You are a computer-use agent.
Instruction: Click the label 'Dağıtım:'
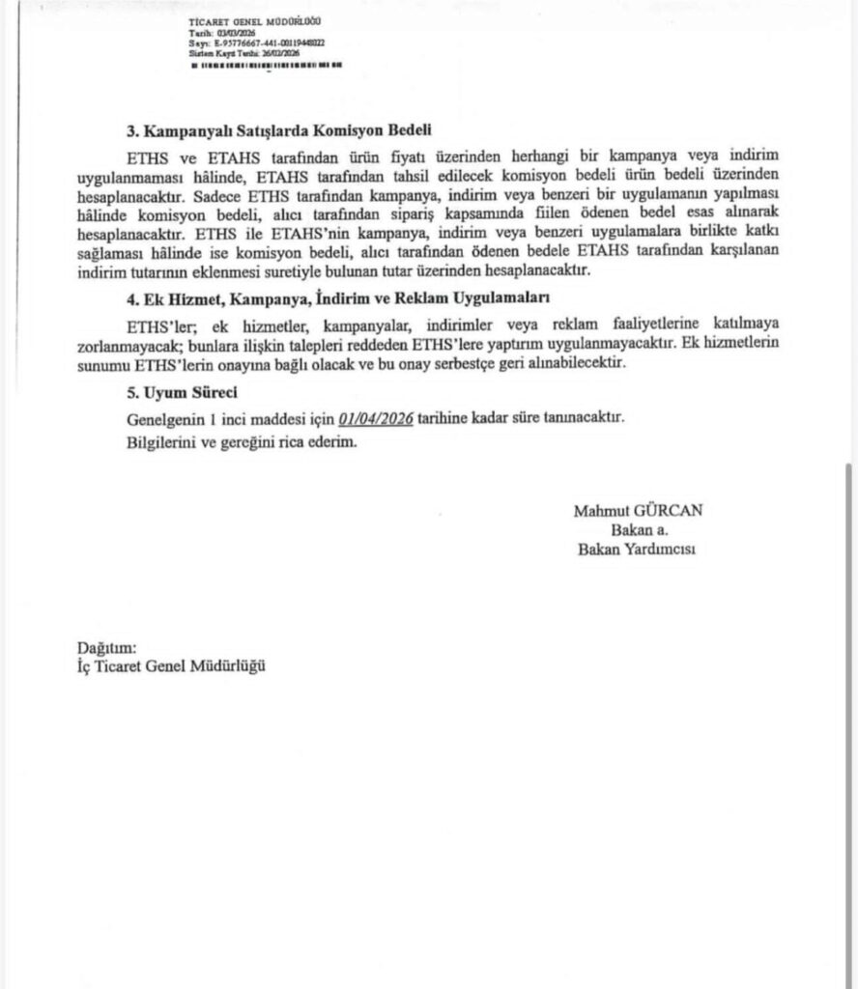pyautogui.click(x=106, y=647)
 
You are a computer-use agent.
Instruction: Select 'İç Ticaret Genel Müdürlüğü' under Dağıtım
pyautogui.click(x=170, y=666)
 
